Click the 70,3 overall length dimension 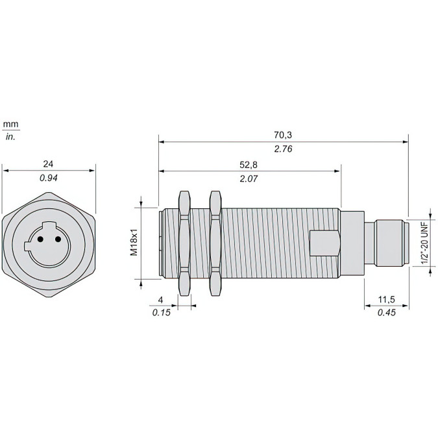(x=283, y=135)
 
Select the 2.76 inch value (x=283, y=149)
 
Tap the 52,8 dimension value (x=249, y=165)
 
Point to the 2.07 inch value (x=249, y=179)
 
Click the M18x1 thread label (x=134, y=243)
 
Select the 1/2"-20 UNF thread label (x=424, y=243)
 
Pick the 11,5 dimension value (x=387, y=300)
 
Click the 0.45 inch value (x=387, y=312)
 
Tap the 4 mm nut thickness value (x=160, y=300)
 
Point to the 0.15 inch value (x=161, y=313)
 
